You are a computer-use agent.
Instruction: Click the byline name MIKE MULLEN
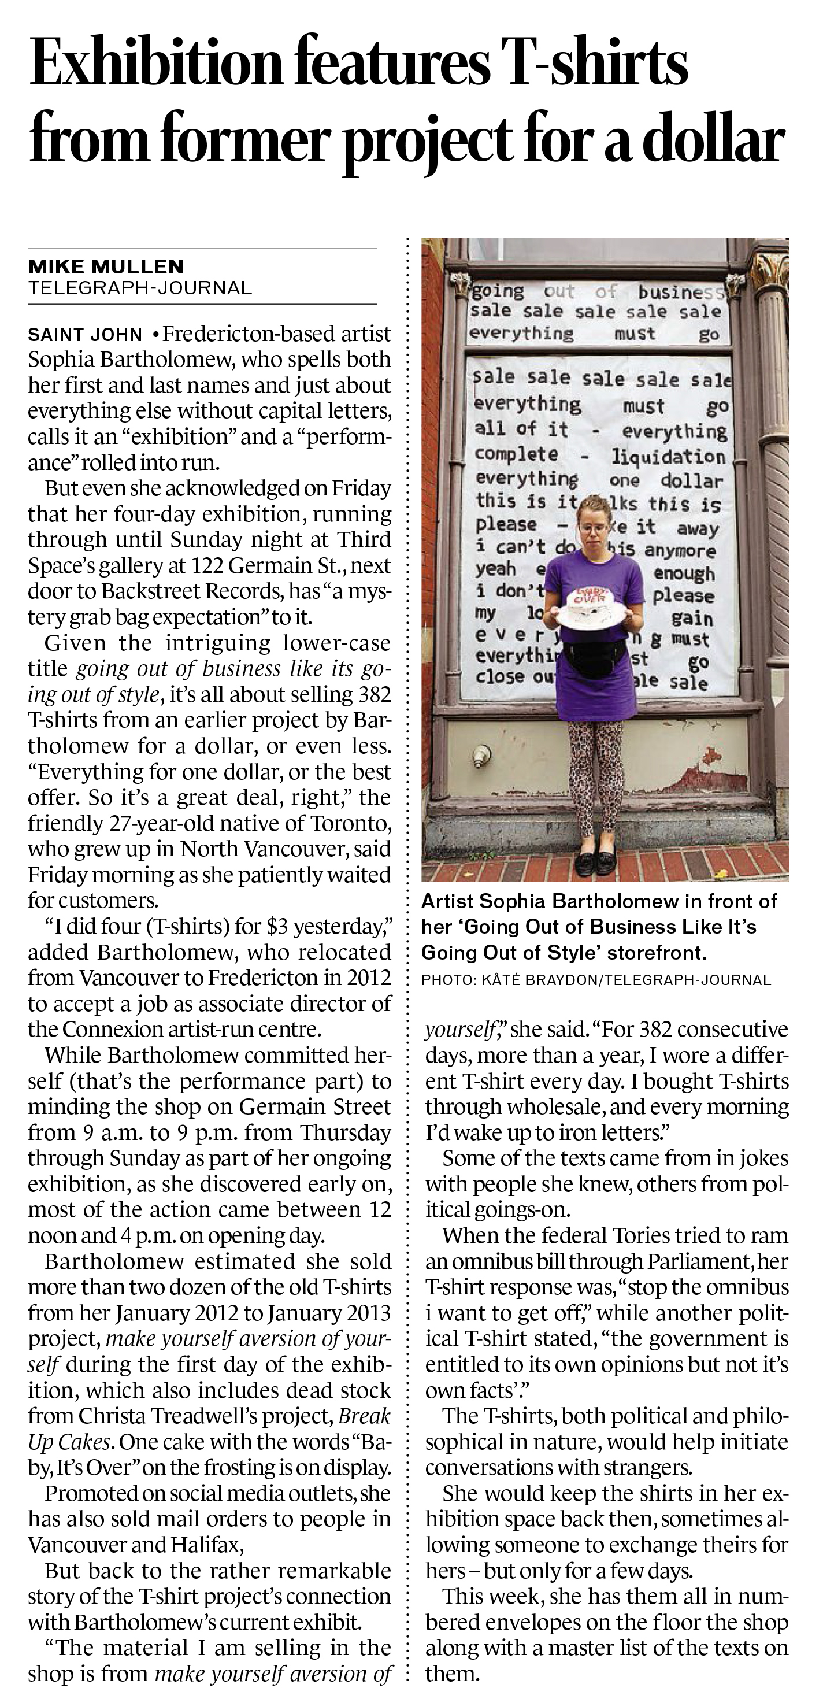[106, 266]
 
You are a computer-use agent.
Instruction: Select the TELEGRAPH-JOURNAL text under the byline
[140, 287]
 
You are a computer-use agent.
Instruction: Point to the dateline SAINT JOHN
[84, 334]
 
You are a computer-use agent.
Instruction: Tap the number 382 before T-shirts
[372, 694]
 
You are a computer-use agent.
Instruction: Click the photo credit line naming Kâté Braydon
[595, 980]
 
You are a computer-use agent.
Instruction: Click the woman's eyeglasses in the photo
[592, 528]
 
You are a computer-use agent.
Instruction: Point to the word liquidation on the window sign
[668, 457]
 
